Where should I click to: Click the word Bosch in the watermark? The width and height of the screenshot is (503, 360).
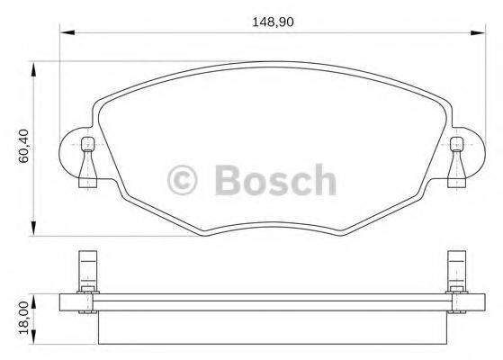coord(275,181)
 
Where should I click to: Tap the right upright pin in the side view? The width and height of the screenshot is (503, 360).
coord(457,270)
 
